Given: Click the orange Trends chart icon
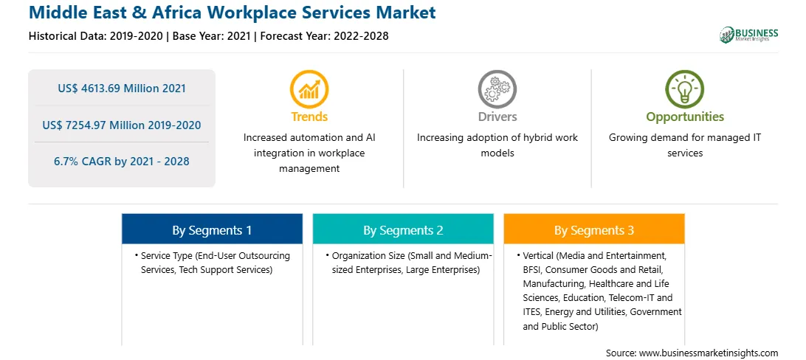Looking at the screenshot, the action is point(309,89).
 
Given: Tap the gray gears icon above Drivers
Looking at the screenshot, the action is point(497,89).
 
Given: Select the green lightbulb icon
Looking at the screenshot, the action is point(685,89).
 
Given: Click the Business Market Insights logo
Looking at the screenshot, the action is point(749,35).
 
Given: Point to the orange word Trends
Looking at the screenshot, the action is point(309,117).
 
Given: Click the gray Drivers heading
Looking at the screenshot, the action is point(497,117).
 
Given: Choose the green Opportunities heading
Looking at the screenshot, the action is point(685,117).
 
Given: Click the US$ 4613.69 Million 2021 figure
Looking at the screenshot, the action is point(122,89).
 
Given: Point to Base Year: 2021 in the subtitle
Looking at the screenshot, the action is point(211,36).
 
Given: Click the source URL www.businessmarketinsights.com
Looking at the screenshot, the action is point(709,353).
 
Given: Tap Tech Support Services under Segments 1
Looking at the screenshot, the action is point(225,269).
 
